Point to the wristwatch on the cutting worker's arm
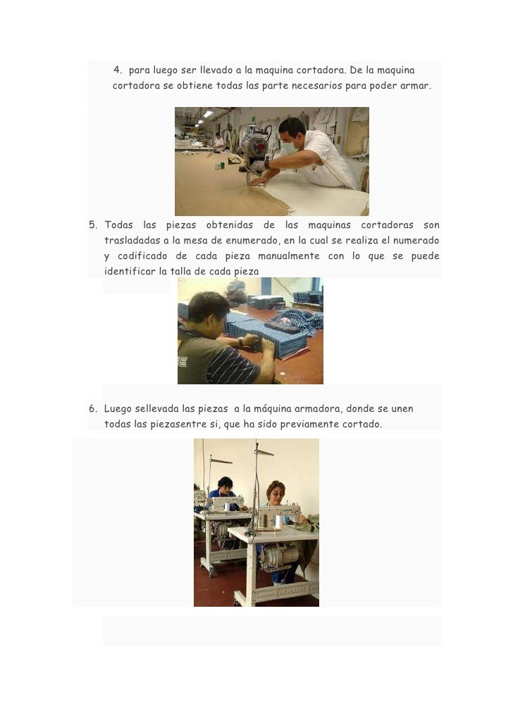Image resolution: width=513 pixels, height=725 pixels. coord(267,163)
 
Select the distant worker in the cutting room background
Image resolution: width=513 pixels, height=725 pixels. coord(219,141)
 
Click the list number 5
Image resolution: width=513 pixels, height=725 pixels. coord(92,225)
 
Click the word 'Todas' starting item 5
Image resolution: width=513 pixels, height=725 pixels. coord(118,225)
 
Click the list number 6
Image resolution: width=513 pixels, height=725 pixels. coord(92,409)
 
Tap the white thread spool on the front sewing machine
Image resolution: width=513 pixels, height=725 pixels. coord(278,522)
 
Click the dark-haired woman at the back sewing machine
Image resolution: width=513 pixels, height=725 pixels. coord(225,486)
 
